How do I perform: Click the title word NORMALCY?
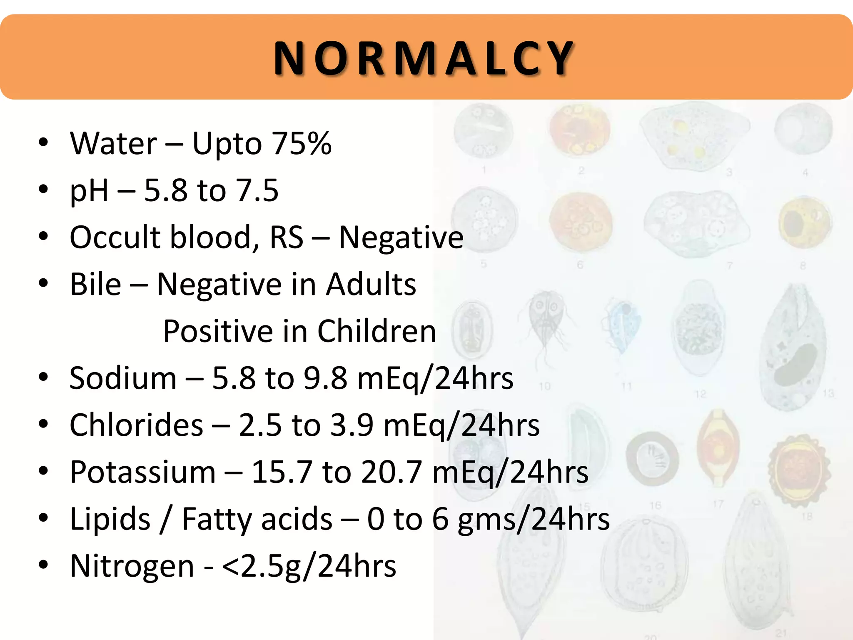pos(424,58)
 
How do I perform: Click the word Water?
pos(113,143)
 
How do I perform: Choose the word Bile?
pos(95,284)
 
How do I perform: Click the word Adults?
pos(371,284)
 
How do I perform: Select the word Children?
pos(377,331)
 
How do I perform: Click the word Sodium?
pos(123,378)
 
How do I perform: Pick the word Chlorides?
pos(136,425)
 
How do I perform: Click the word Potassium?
pos(142,472)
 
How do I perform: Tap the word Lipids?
pos(110,519)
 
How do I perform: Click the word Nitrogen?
pos(132,566)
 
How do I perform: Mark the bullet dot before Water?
pos(43,143)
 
